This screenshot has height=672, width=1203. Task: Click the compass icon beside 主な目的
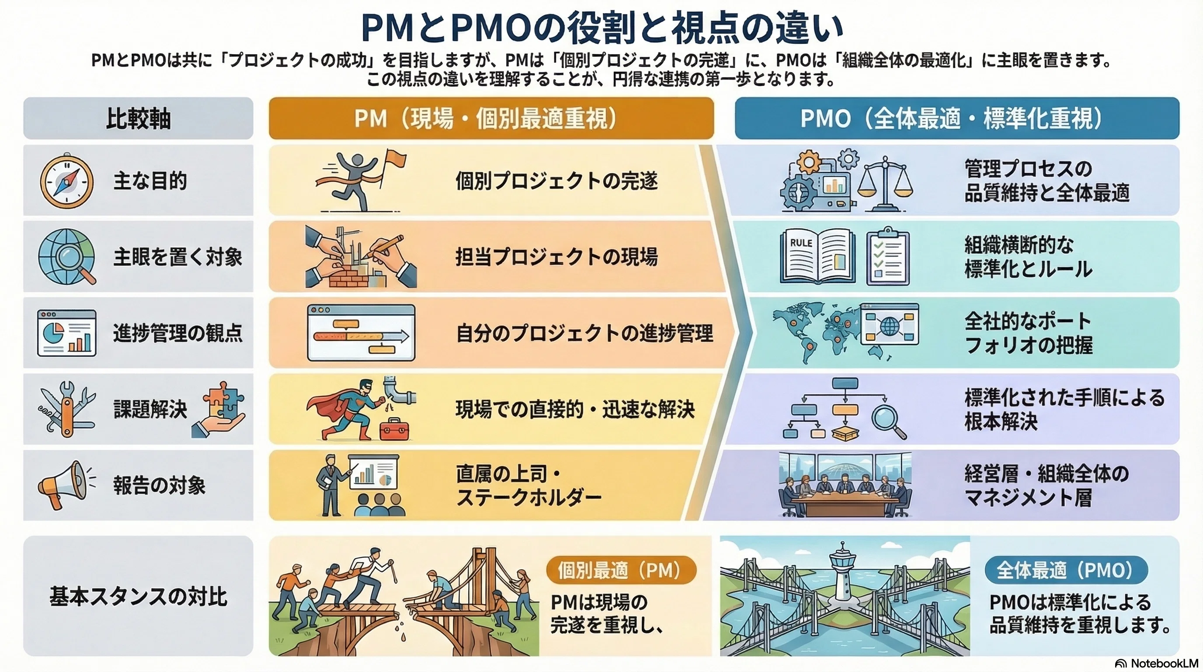(x=66, y=180)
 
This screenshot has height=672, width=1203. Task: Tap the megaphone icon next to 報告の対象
(x=66, y=485)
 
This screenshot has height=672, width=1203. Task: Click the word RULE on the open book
(x=801, y=243)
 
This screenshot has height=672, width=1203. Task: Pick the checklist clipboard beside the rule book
(x=888, y=256)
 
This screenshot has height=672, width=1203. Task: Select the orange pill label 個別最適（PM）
(x=621, y=570)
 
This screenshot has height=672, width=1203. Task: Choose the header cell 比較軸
(x=138, y=118)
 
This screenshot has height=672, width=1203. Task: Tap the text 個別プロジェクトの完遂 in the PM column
(x=556, y=181)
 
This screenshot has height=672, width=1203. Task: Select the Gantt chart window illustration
(x=361, y=333)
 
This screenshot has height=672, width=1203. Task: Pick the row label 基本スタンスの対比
(x=138, y=597)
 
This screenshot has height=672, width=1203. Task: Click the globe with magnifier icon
(x=67, y=256)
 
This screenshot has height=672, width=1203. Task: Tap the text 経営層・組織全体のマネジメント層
(x=1047, y=486)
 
